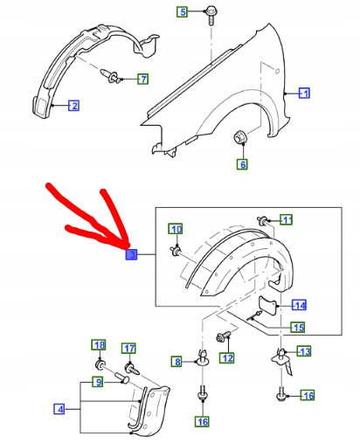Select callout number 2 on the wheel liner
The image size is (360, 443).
click(73, 106)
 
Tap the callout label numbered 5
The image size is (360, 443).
click(183, 11)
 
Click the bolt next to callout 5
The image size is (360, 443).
click(211, 12)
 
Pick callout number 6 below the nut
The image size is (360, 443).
click(242, 163)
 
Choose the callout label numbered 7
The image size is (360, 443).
click(142, 80)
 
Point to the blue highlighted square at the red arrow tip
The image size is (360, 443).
click(131, 254)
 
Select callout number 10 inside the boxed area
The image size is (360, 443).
click(175, 229)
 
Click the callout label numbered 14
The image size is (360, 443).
click(299, 305)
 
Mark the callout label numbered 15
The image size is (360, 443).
click(298, 328)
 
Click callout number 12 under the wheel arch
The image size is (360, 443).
click(227, 357)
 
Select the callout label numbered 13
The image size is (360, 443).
click(304, 351)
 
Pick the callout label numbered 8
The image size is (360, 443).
click(177, 362)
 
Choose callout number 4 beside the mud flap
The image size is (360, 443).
click(59, 407)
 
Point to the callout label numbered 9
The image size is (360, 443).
click(98, 382)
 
